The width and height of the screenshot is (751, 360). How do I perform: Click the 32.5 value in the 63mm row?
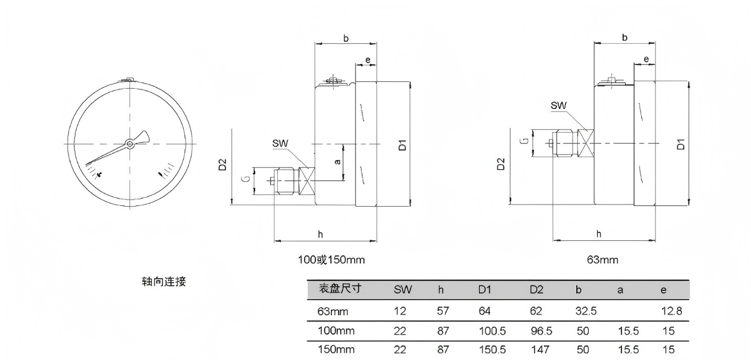coord(586,311)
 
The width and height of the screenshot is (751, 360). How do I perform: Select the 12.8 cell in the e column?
coord(672,311)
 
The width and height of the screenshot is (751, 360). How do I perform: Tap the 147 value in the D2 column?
coord(540,350)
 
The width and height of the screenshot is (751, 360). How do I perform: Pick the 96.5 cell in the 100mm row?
coord(541,331)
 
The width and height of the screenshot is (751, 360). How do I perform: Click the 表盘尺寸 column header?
coord(340,288)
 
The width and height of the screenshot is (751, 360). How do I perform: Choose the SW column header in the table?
coord(403,290)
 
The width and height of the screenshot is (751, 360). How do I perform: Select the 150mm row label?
coord(336,350)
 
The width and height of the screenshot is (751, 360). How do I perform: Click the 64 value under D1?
coord(484,311)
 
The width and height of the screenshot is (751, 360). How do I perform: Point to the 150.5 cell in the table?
coord(492,350)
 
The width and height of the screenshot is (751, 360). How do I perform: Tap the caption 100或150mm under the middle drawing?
coord(331,260)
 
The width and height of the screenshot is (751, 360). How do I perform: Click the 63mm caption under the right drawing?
coord(602,260)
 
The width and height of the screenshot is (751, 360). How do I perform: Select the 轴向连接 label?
coord(164,282)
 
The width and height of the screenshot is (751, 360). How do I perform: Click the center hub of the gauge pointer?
coord(130,144)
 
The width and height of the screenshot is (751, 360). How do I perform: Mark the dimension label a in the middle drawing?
coord(338,162)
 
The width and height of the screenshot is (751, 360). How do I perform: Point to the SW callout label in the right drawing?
coord(558,106)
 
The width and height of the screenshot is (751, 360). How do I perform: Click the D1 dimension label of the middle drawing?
coord(403,145)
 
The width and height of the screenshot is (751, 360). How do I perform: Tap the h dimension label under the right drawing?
coord(599,234)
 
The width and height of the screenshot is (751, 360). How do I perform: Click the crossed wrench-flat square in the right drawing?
coord(586,144)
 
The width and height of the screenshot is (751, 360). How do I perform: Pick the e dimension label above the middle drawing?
coord(368,60)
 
